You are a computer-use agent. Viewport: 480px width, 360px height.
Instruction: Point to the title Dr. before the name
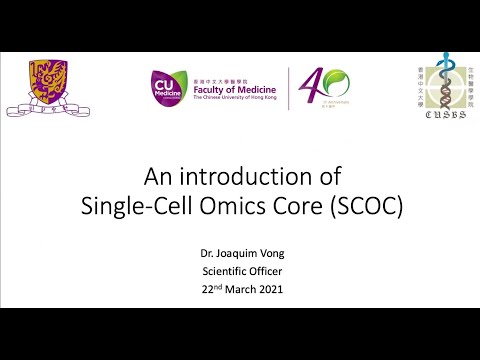coord(210,254)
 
